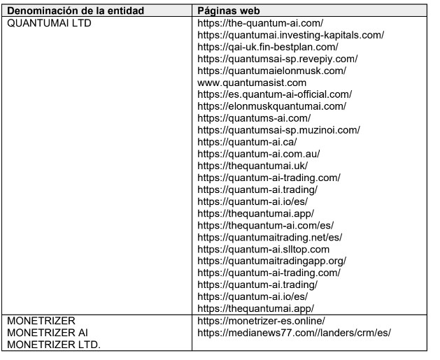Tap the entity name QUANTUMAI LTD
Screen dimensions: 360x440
coord(48,23)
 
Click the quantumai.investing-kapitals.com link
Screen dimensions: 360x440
coord(290,35)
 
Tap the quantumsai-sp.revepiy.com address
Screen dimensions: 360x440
coord(287,59)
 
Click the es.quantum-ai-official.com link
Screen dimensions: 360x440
coord(274,94)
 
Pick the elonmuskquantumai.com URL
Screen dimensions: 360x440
coord(271,106)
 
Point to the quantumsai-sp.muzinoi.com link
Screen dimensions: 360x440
coord(288,130)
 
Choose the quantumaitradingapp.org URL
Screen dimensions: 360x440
coord(271,261)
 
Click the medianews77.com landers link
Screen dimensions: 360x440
coord(294,332)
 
